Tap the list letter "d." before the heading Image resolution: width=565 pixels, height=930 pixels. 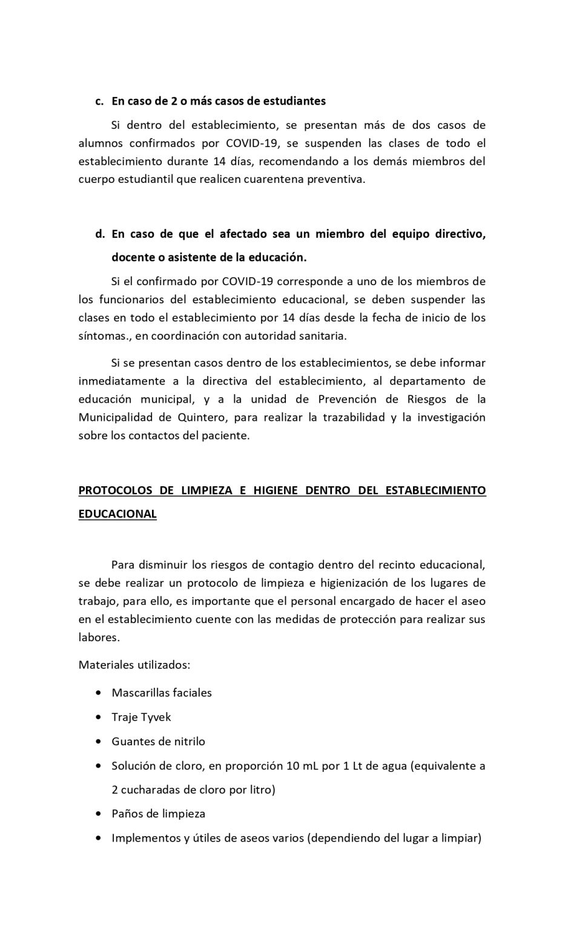(x=100, y=234)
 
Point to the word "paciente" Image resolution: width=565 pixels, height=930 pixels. (x=227, y=436)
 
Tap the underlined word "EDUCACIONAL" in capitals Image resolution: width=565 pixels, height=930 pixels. (x=117, y=514)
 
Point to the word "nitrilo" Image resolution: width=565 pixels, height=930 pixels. (x=187, y=742)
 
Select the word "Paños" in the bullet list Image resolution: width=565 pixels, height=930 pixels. (x=127, y=814)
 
